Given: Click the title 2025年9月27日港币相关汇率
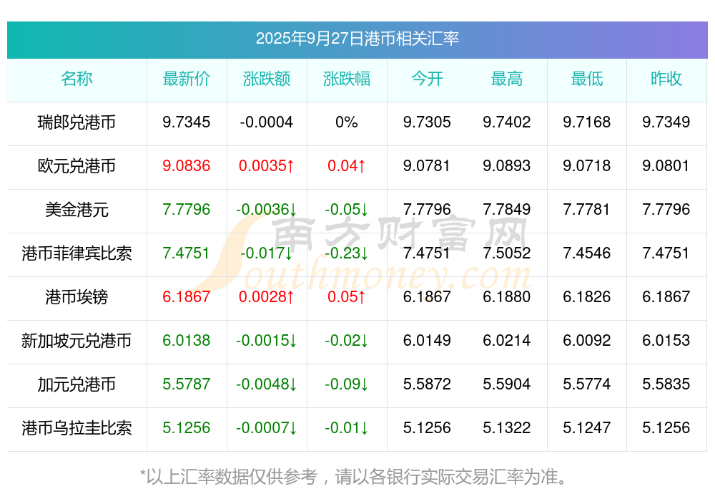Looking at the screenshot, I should tap(357, 39).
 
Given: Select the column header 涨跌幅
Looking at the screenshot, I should tap(346, 79).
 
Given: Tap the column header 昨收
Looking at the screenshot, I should tap(666, 79).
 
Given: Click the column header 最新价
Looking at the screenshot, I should tap(186, 79).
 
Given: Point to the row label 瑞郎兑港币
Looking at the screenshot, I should tap(77, 122).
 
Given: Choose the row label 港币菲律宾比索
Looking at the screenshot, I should tap(77, 253).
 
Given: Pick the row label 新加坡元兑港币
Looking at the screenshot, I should tap(77, 341).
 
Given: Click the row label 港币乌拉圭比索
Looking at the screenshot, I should tap(77, 428).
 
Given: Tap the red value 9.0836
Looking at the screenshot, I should tap(186, 166).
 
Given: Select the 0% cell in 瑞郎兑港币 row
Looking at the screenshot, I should tap(346, 122).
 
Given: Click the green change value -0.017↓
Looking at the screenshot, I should tap(266, 253).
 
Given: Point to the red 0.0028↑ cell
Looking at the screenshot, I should tap(266, 297).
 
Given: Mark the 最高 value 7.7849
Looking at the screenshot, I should tap(506, 210).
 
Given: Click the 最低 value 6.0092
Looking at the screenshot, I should tap(586, 341).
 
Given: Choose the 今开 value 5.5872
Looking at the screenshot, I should tap(427, 384).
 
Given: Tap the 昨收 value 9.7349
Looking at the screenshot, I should tap(666, 122).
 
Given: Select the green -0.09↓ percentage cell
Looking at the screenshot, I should tap(346, 384).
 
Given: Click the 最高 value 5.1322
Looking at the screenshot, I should tap(506, 428).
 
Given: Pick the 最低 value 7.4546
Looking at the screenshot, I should tap(586, 253).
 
